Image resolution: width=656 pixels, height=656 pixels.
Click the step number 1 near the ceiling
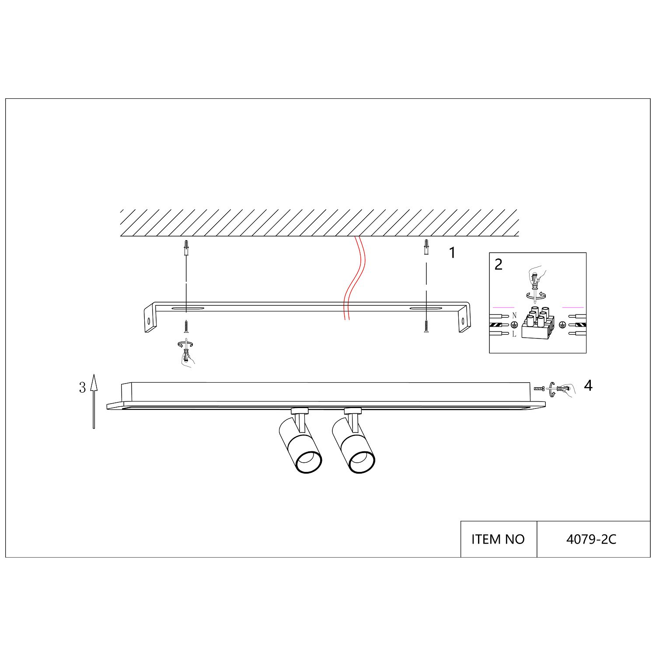point(453,253)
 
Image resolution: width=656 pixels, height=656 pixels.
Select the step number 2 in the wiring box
point(499,265)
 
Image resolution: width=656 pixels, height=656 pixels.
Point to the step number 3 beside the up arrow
point(82,387)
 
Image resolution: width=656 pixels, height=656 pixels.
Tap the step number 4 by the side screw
point(588,386)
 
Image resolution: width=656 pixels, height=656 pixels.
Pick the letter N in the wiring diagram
point(514,316)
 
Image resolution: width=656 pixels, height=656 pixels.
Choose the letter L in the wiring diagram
point(514,335)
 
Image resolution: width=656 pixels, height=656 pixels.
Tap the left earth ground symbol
point(514,325)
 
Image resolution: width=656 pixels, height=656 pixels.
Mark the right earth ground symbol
point(563,325)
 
